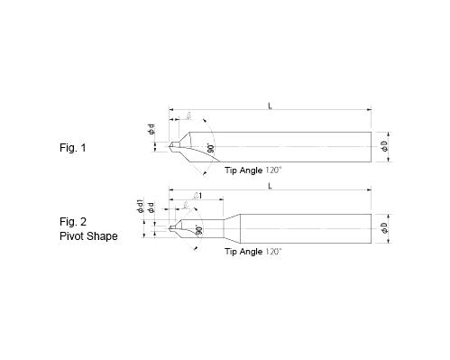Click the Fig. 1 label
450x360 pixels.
coord(72,148)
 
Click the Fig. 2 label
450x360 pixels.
coord(73,222)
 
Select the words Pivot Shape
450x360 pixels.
coord(88,236)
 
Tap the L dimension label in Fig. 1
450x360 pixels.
coord(270,106)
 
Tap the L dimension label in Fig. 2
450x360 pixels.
coord(270,186)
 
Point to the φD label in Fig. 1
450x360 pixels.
coord(385,147)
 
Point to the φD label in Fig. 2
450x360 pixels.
coord(385,228)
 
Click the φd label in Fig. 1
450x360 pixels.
coord(152,129)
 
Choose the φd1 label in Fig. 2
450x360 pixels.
coord(141,206)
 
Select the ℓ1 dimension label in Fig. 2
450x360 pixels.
coord(197,196)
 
